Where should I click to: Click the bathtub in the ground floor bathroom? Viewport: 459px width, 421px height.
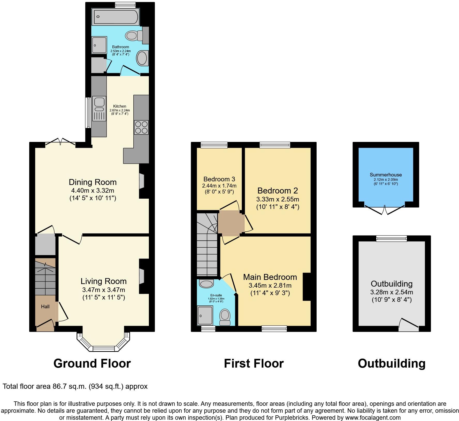click(116, 17)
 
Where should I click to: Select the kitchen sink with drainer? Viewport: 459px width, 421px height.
click(100, 108)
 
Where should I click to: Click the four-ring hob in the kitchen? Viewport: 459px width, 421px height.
click(141, 127)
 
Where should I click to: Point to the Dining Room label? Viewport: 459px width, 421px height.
click(93, 182)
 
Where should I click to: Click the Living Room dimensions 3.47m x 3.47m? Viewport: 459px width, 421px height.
click(103, 290)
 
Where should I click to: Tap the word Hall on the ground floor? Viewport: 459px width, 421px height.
click(45, 306)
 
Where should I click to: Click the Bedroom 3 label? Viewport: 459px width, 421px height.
click(219, 179)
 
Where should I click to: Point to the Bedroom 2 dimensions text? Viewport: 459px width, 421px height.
click(278, 199)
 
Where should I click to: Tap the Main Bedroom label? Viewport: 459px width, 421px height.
click(270, 277)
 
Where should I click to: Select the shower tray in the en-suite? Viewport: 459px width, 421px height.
click(205, 315)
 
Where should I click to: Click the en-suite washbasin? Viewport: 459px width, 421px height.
click(206, 284)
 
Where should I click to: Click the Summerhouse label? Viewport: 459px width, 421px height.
click(386, 175)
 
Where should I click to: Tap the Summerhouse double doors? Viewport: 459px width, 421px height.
click(385, 209)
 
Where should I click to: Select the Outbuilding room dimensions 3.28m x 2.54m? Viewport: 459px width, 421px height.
click(392, 292)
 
